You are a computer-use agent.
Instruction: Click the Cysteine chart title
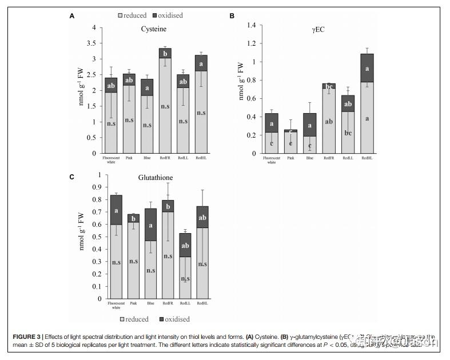154,29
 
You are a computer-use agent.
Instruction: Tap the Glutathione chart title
155,178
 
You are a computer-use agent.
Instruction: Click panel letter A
72,16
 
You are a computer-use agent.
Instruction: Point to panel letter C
72,177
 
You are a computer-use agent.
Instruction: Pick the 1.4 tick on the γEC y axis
250,25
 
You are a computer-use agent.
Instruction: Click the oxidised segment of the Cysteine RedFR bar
165,53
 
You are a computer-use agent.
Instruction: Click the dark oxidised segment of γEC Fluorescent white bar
272,122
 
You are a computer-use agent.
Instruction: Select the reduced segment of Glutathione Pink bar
133,260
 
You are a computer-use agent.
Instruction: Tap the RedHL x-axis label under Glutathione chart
202,303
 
